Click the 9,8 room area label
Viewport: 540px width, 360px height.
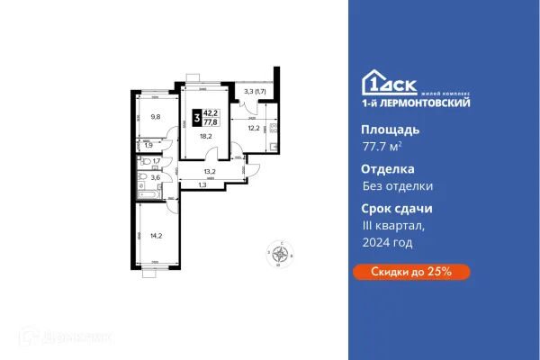(x=155, y=116)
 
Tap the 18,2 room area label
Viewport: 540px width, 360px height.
(x=206, y=137)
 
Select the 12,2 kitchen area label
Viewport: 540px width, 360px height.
(x=255, y=128)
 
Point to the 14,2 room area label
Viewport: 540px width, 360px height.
(x=157, y=237)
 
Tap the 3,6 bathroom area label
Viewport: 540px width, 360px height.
(x=155, y=177)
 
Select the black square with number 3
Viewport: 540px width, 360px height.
(x=196, y=117)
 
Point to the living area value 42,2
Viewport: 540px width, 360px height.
(x=213, y=112)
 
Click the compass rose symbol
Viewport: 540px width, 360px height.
(x=279, y=254)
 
